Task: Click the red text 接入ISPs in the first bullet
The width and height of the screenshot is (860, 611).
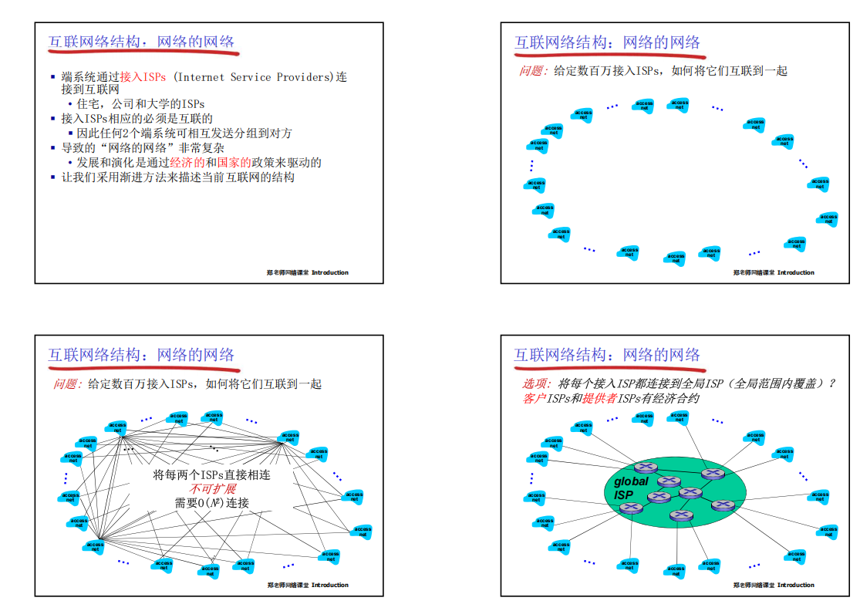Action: point(143,77)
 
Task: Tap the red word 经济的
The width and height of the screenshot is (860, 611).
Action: point(187,163)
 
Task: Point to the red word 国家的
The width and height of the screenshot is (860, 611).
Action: point(234,163)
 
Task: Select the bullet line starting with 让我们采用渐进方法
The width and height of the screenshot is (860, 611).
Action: point(177,177)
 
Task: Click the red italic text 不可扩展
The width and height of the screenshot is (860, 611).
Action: point(212,489)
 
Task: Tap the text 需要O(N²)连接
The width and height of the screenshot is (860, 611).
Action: point(212,503)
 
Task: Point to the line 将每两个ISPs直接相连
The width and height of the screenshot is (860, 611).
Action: point(212,475)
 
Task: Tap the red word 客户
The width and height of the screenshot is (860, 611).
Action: point(532,398)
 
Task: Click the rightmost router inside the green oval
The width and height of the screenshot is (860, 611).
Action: point(723,505)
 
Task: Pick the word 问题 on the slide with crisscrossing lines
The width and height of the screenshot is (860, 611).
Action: point(67,383)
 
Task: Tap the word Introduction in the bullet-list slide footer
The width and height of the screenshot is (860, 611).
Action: point(330,272)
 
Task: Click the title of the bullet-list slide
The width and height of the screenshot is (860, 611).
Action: point(142,42)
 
